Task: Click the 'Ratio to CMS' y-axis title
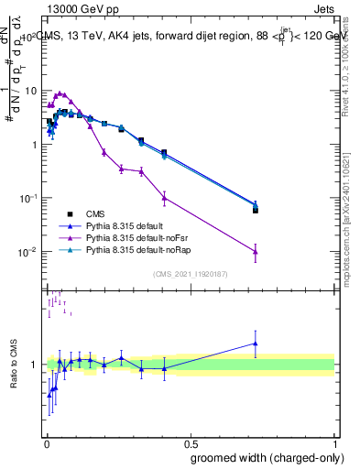tap(15, 364)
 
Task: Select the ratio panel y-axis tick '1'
tap(35, 365)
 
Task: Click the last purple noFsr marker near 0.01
tap(256, 252)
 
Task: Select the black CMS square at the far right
tap(256, 210)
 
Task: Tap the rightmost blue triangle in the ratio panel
tap(256, 344)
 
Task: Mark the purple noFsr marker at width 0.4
tap(164, 197)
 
